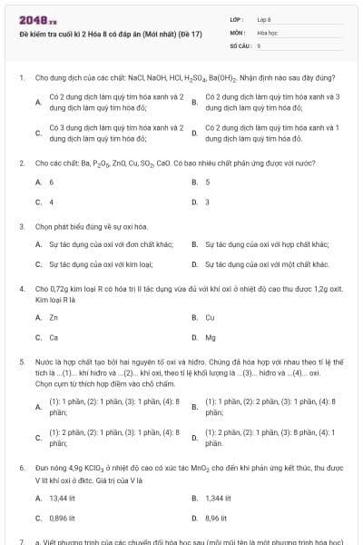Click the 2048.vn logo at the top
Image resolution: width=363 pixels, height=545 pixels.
32,19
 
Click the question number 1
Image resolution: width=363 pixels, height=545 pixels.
21,78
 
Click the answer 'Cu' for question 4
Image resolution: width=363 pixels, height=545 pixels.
210,317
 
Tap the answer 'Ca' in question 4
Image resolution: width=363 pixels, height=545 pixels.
54,337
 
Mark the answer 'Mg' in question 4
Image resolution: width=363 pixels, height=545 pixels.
211,337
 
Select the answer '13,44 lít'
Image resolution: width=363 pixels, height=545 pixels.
63,498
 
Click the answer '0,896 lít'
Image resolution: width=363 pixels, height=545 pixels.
63,518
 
